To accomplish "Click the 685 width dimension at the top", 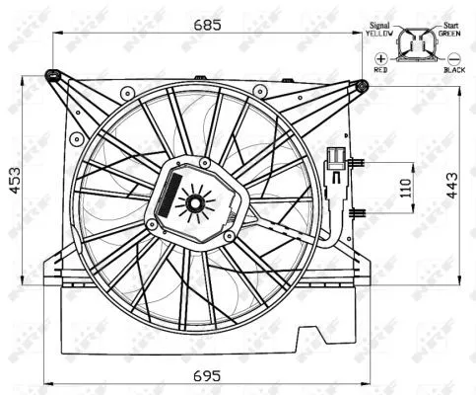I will (x=205, y=22).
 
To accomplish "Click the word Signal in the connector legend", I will (x=379, y=25).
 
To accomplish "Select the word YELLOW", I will (x=378, y=34).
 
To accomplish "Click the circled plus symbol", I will (x=381, y=59).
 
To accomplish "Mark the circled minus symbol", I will (x=453, y=59).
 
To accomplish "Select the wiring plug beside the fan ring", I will (x=335, y=163).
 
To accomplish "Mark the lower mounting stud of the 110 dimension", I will (x=363, y=211).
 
